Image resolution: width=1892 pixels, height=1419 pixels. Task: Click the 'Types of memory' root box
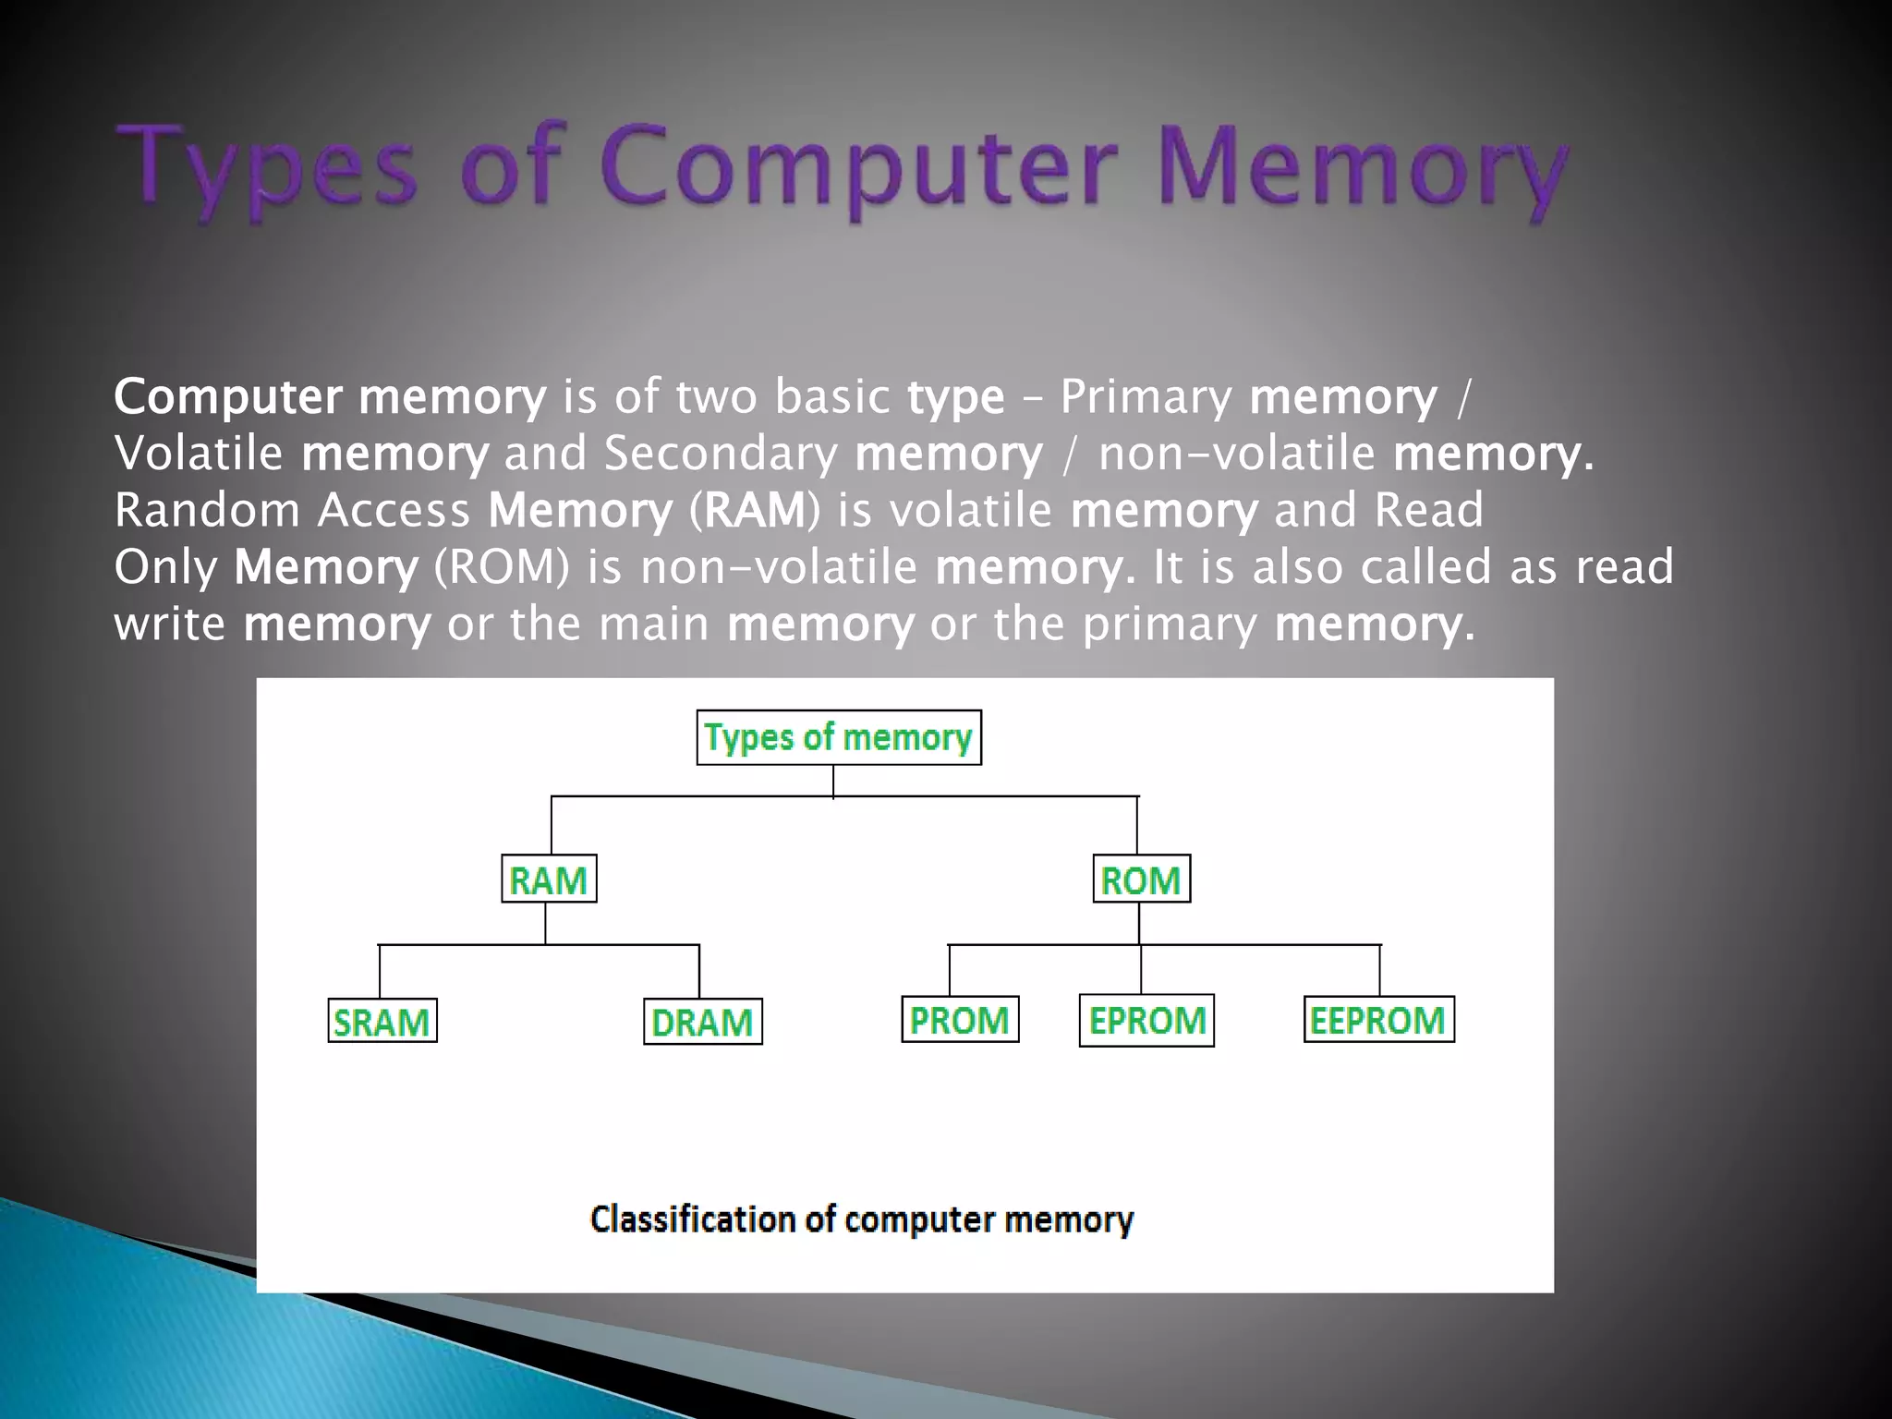839,737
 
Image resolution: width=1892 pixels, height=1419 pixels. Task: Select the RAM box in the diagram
549,879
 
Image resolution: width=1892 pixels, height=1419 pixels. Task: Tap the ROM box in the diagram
1141,879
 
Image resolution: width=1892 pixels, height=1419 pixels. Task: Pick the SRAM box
382,1022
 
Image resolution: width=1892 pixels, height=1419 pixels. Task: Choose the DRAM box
702,1022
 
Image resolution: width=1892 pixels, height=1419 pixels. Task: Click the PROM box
960,1020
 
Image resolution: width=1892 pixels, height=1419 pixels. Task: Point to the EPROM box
1146,1021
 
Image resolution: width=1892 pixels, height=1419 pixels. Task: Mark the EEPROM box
1378,1020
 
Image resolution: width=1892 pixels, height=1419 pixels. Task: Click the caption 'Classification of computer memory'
861,1219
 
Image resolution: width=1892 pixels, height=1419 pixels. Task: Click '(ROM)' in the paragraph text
503,566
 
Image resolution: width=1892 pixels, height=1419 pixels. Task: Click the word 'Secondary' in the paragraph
721,454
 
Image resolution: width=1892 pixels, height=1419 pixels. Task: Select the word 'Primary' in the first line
1146,397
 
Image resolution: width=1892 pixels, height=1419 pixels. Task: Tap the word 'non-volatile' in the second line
1237,454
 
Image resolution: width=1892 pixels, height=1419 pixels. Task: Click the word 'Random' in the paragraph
207,510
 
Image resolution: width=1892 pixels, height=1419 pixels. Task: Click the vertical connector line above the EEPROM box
1379,970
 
